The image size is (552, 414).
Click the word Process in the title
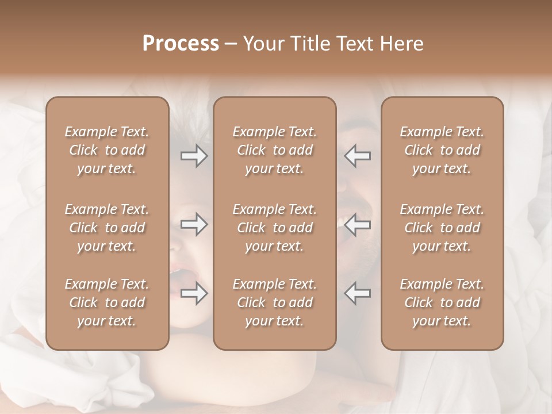pos(181,44)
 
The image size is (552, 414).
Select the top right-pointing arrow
pos(194,156)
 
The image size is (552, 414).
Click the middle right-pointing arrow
pos(194,225)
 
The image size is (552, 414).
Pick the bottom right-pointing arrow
pos(194,293)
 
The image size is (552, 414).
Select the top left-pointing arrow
pos(357,156)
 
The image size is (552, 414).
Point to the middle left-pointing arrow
pos(357,225)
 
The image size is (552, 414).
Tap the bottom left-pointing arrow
pos(357,293)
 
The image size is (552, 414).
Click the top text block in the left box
pos(107,150)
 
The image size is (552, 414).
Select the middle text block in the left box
pos(107,228)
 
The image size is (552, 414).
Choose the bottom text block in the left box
pos(107,302)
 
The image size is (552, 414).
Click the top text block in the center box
pos(274,150)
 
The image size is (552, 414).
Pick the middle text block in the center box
pos(274,228)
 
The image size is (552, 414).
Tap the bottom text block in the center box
pos(274,302)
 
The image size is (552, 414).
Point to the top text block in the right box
pos(442,150)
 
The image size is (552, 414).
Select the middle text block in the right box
pos(442,228)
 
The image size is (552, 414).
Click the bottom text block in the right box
pos(442,302)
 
